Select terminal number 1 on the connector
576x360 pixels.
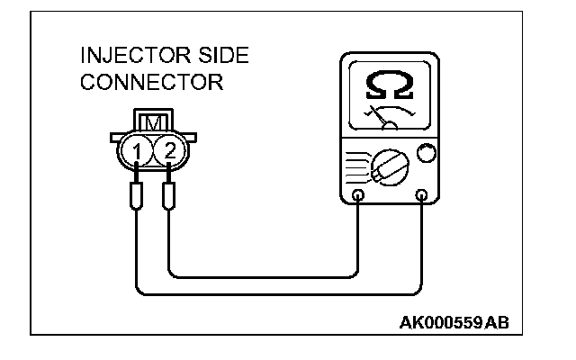click(x=135, y=150)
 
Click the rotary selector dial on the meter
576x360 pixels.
click(x=389, y=167)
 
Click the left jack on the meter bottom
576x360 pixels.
click(x=358, y=195)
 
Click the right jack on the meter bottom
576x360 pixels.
click(x=422, y=195)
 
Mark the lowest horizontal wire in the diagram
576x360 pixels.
click(x=279, y=293)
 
